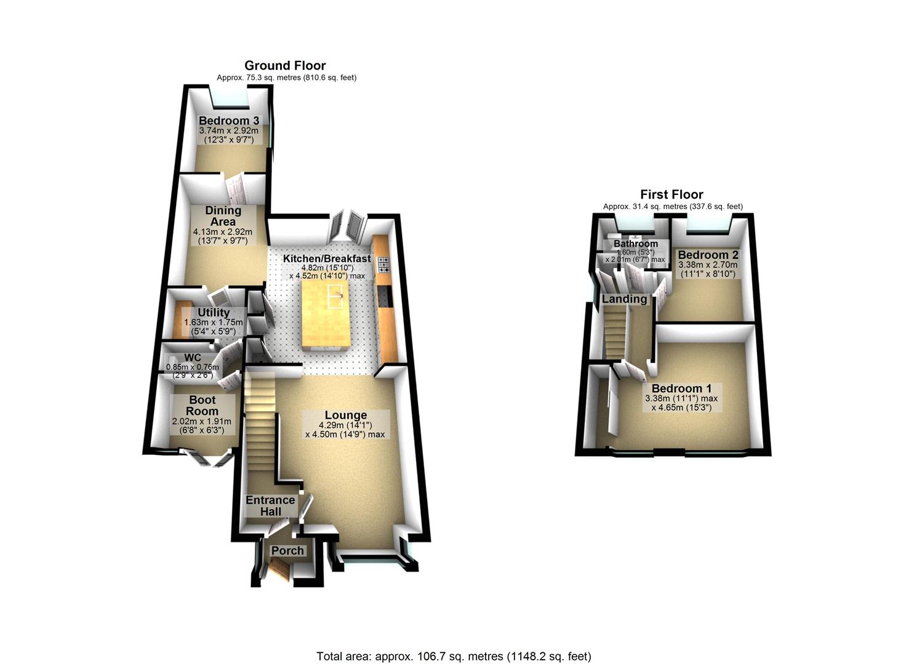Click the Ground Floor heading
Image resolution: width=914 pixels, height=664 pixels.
[x=285, y=65]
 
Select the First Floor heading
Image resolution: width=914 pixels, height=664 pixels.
[x=671, y=194]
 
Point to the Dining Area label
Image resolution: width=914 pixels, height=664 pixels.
[x=223, y=216]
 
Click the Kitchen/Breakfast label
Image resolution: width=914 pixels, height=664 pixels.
[x=327, y=258]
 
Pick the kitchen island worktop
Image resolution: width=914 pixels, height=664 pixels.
[x=326, y=314]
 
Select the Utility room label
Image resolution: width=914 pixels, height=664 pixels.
[x=214, y=312]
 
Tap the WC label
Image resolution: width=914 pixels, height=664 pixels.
[x=193, y=358]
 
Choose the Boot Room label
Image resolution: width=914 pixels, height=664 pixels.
[x=202, y=405]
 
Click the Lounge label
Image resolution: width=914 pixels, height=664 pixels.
[x=346, y=416]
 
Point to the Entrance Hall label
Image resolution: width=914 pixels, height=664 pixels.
[x=270, y=505]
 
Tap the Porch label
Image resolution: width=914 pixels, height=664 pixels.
[x=287, y=550]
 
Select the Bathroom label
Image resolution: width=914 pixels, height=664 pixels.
[x=636, y=243]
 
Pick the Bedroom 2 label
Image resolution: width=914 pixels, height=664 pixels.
[x=708, y=255]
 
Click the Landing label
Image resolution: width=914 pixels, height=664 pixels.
[x=624, y=299]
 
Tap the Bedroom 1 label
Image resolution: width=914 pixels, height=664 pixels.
[x=681, y=389]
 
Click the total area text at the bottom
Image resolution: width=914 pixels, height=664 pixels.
[x=454, y=656]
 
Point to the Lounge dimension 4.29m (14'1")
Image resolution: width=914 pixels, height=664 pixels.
[x=345, y=425]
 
